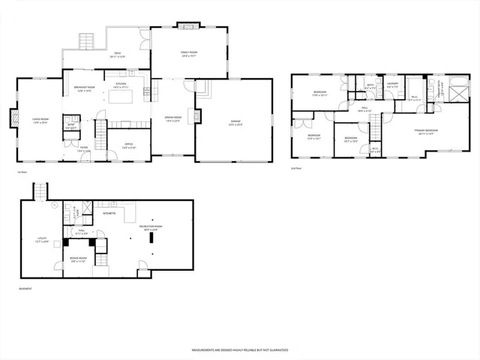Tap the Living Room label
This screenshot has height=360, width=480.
(x=40, y=118)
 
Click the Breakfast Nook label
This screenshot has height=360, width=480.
(x=82, y=88)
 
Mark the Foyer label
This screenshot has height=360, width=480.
(x=84, y=148)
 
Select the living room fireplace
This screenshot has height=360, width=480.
(x=13, y=118)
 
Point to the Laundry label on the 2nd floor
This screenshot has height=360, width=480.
(x=392, y=85)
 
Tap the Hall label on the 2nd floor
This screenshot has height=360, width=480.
(x=364, y=109)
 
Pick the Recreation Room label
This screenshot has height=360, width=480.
(x=154, y=227)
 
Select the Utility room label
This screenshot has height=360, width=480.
(x=43, y=240)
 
